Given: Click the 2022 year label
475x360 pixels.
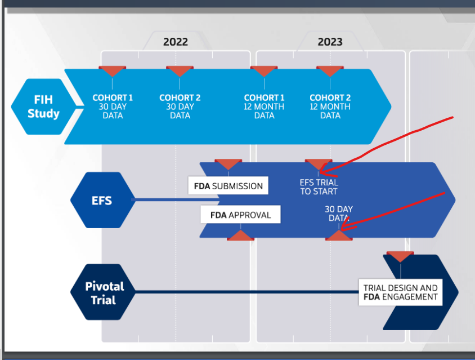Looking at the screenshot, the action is tap(176, 42).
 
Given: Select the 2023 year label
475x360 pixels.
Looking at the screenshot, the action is tap(330, 42).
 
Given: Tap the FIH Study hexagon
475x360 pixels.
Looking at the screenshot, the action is tap(43, 106).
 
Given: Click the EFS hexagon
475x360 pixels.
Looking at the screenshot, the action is tap(102, 200).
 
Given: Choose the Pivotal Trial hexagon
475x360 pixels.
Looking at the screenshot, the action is tap(104, 292).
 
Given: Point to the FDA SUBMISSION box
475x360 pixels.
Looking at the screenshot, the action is tap(228, 185).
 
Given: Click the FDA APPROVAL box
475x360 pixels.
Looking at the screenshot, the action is tap(240, 215).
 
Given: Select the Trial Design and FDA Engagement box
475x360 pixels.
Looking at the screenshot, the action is tap(401, 292).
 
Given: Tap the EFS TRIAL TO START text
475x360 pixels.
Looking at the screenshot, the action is tap(319, 187).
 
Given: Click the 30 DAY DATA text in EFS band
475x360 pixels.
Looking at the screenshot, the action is tap(339, 214).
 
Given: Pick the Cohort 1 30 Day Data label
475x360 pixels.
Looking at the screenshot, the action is tap(113, 106).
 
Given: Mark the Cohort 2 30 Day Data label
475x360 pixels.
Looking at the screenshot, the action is tap(180, 106).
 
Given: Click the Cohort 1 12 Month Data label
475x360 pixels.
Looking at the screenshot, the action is tap(264, 106).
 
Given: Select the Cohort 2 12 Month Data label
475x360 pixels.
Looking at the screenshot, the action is tap(330, 106).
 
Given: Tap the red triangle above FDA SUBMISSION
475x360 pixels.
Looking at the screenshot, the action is tap(228, 164).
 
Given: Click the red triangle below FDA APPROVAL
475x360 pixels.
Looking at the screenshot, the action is tap(240, 235).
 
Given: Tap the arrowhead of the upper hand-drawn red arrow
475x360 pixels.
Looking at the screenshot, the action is tap(320, 173).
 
